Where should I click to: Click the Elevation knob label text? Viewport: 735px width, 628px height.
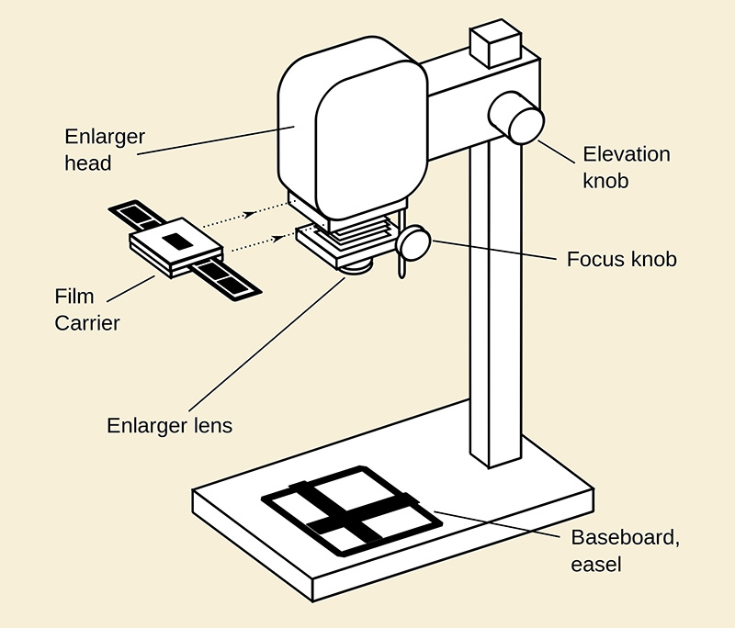628,166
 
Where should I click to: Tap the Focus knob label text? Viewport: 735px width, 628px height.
621,259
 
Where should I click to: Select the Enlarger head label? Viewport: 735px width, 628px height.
105,150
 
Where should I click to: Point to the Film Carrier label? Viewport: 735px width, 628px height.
87,309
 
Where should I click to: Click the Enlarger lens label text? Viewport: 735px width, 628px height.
170,426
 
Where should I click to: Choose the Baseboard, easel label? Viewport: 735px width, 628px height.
625,550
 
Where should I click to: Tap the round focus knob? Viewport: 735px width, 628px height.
413,243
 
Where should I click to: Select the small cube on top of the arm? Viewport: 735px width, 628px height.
494,43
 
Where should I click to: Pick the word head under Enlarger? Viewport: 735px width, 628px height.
88,163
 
